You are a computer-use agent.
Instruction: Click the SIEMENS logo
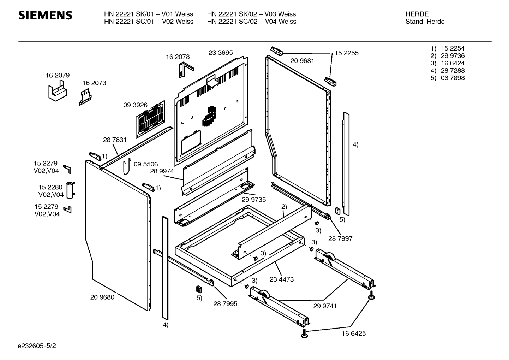[x=45, y=16]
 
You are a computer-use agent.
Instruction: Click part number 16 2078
[x=178, y=57]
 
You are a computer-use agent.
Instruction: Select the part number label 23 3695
[x=221, y=53]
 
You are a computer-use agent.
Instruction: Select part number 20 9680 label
[x=102, y=297]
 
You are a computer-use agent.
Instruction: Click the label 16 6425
[x=354, y=333]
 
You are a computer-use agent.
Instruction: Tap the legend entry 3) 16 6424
[x=448, y=63]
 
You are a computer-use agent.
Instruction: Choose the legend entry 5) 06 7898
[x=448, y=78]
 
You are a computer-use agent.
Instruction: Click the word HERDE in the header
[x=417, y=14]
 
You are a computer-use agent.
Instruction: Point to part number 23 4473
[x=281, y=279]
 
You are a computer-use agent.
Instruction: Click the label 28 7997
[x=340, y=238]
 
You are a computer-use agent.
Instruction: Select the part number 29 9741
[x=325, y=306]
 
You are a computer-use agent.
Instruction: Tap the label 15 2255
[x=346, y=53]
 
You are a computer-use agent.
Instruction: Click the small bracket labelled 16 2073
[x=85, y=98]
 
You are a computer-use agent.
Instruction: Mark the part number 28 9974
[x=162, y=171]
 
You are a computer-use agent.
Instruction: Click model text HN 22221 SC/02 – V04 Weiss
[x=252, y=22]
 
